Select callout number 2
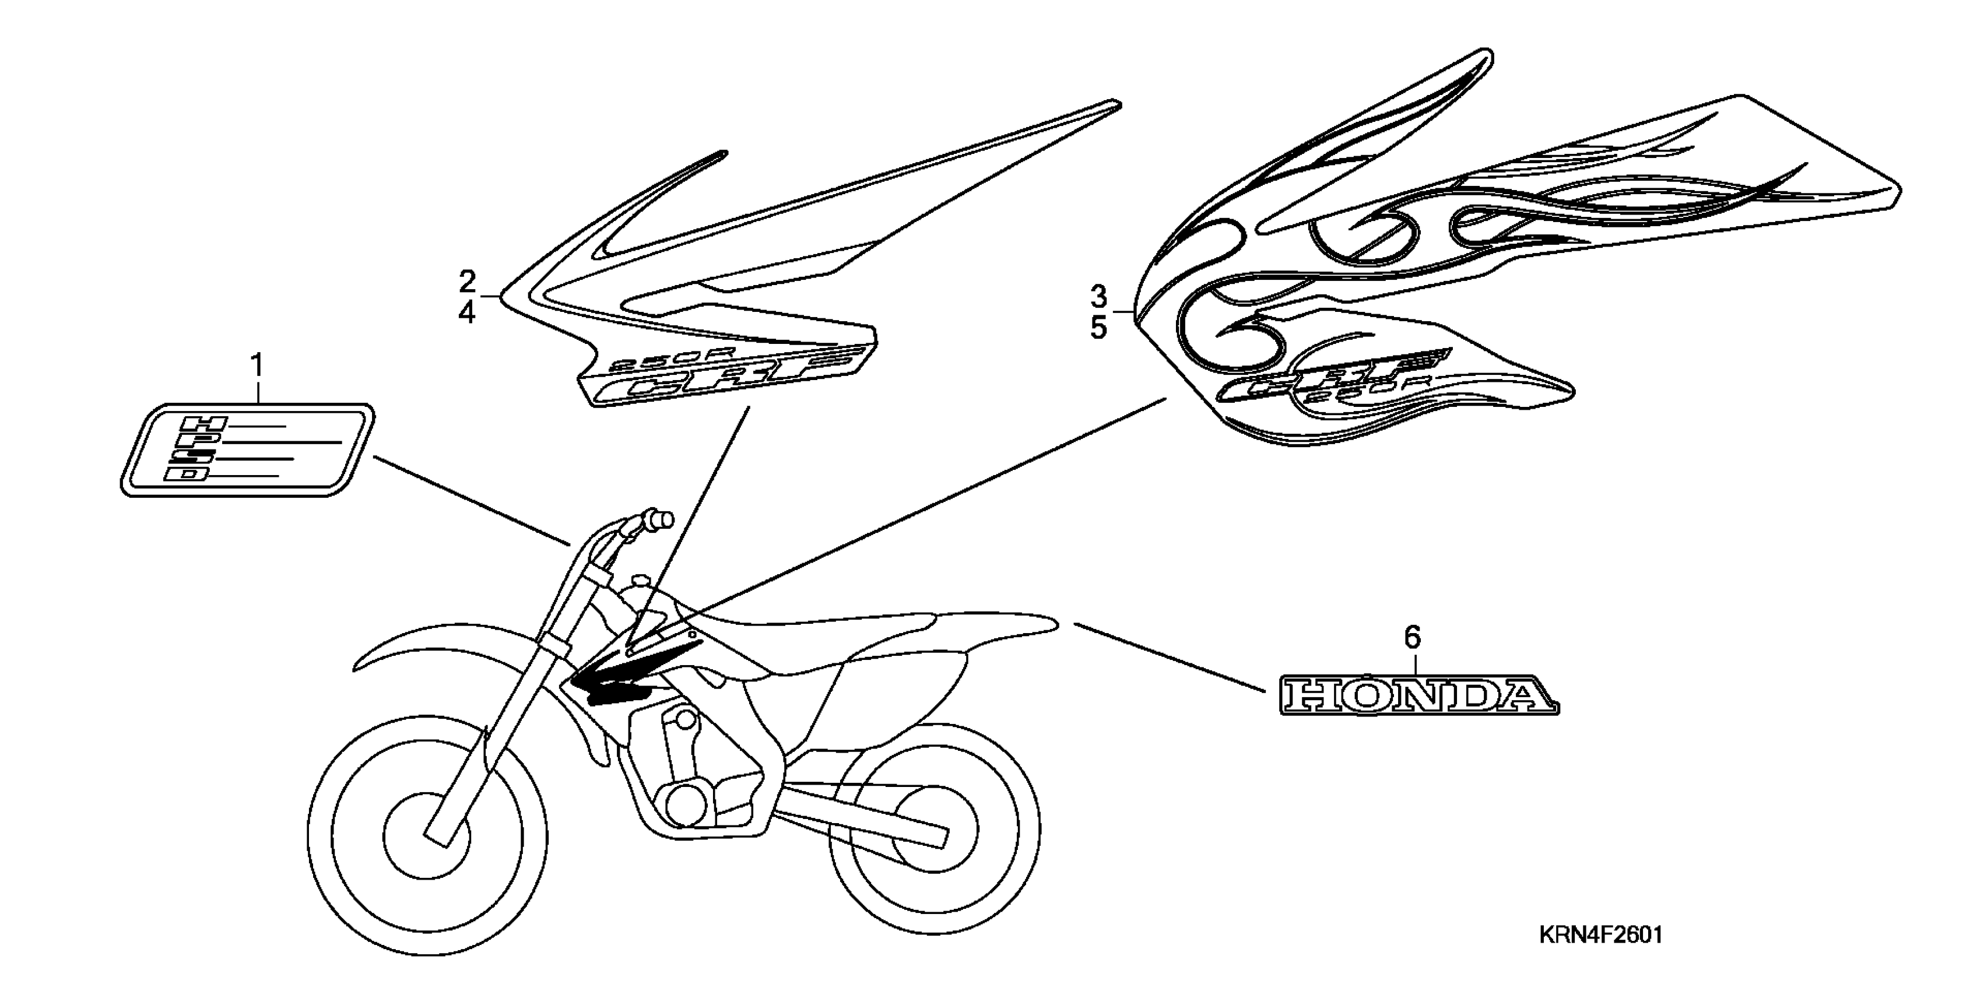click(468, 282)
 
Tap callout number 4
click(468, 314)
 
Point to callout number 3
click(1098, 296)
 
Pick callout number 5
click(1098, 329)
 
